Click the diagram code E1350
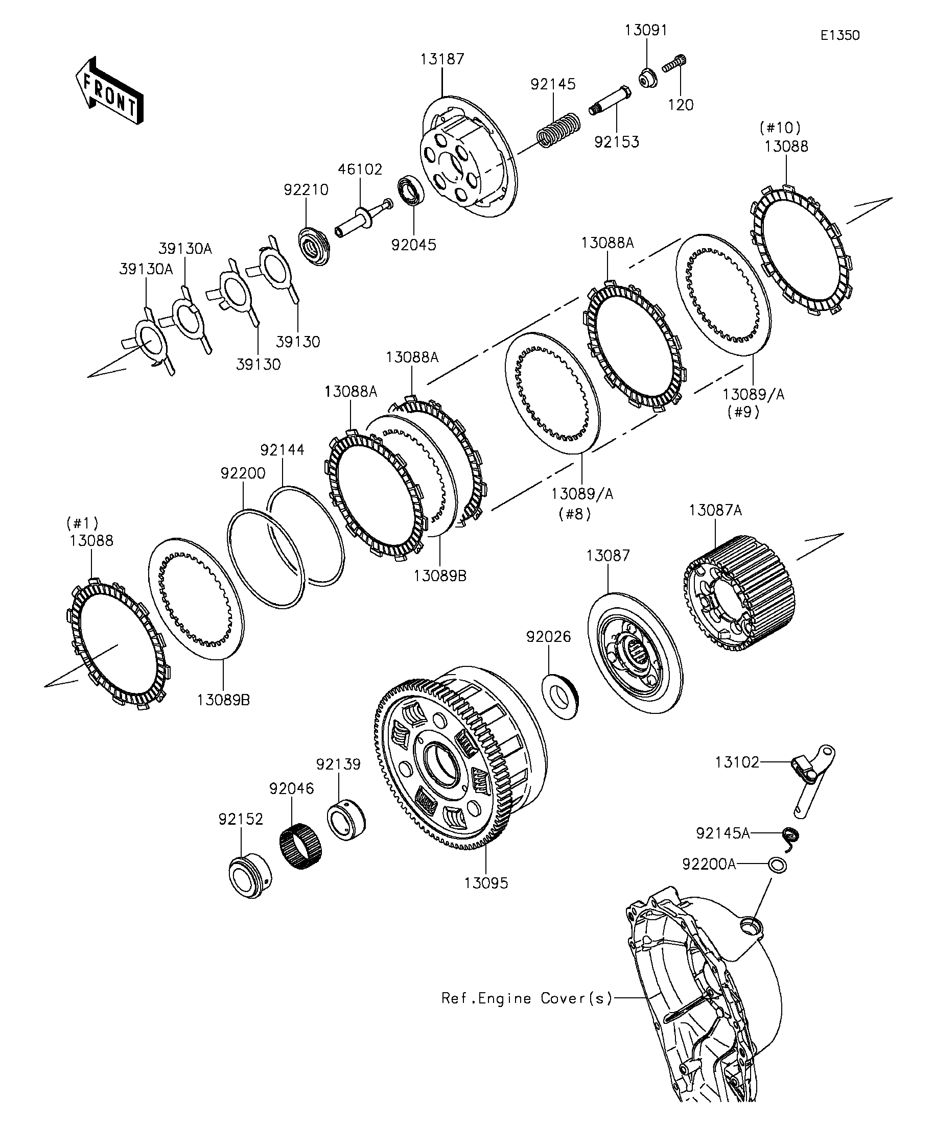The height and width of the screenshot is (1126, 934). [839, 35]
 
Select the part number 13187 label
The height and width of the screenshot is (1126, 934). [441, 59]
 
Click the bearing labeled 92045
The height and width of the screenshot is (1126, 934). [411, 190]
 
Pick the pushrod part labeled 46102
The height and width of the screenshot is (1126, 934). [361, 217]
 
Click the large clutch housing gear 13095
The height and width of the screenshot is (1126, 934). [461, 761]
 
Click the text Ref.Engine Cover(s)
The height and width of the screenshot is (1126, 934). [526, 998]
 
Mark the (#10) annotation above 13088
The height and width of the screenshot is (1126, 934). [780, 128]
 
